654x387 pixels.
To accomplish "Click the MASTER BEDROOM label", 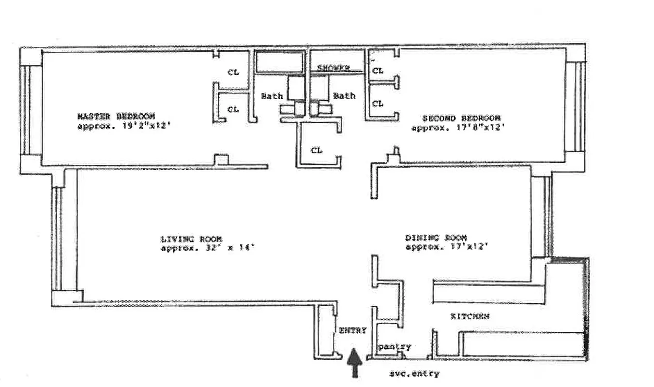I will tap(116, 117).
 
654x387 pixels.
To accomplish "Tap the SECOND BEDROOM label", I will tap(461, 118).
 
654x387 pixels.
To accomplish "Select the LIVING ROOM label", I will tap(191, 239).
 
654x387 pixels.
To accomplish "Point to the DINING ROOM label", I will tap(436, 238).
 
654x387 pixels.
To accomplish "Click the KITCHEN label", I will tap(470, 316).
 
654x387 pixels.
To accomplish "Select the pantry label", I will tap(395, 346).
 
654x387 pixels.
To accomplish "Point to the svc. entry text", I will tap(414, 373).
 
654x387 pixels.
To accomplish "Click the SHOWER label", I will tap(333, 68).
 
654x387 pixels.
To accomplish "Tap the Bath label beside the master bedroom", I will tap(272, 96).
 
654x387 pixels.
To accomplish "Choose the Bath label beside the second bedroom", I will tap(344, 96).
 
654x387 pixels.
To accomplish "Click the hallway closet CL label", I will tap(317, 150).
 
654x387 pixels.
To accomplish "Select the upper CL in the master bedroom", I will tap(233, 72).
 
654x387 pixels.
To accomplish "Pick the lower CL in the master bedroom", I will tap(233, 109).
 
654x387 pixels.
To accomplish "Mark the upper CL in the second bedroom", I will tap(378, 71).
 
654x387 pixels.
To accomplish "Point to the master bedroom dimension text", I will tap(124, 127).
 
